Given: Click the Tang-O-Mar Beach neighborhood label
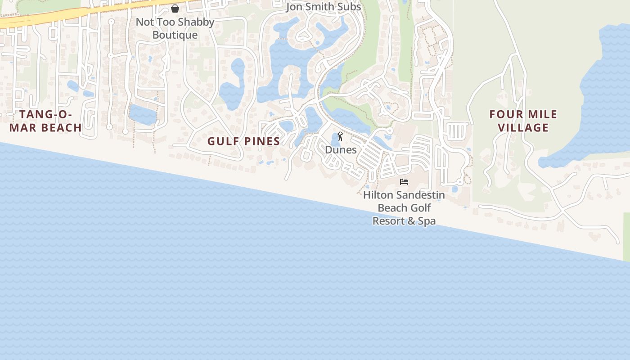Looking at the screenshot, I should click(45, 121).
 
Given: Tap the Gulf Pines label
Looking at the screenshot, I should click(243, 141).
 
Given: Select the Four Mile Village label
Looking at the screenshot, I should click(523, 121).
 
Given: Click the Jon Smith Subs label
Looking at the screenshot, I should click(324, 7).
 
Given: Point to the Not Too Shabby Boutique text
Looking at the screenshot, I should click(175, 28).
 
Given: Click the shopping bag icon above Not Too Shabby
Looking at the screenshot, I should click(175, 8).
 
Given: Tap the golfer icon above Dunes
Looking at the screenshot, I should click(341, 136).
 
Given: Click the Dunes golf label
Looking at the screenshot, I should click(341, 150).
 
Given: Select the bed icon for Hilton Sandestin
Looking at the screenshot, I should click(404, 182).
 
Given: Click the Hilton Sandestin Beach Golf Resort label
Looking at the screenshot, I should click(404, 208).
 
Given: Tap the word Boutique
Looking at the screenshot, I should click(175, 35).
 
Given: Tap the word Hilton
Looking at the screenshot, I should click(377, 195).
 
